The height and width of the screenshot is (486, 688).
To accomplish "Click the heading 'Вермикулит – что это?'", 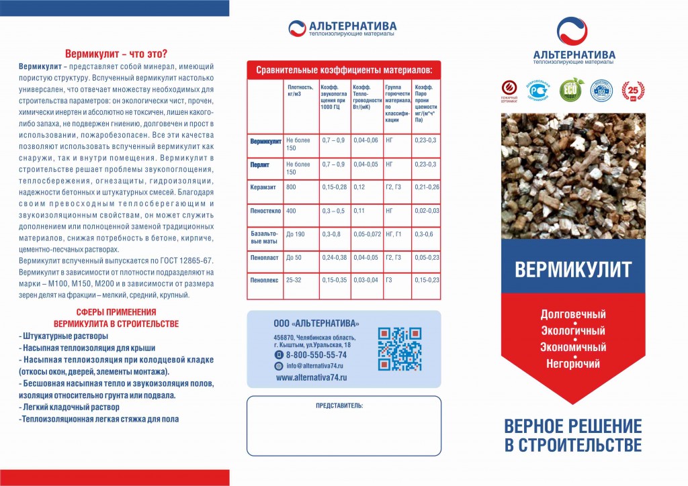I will tap(116, 54).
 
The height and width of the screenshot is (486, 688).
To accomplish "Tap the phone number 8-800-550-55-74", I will tap(316, 354).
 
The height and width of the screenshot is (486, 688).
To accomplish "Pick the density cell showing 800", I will tap(292, 187).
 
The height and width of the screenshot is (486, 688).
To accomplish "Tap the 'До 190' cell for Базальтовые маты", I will tap(296, 234).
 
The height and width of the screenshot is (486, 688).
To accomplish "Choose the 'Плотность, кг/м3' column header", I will tap(300, 91).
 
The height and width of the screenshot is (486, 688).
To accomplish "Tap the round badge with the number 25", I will tap(632, 91).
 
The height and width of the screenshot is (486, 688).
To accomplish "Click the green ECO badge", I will tap(571, 91).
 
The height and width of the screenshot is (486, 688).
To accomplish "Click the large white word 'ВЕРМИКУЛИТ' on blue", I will tap(573, 269).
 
